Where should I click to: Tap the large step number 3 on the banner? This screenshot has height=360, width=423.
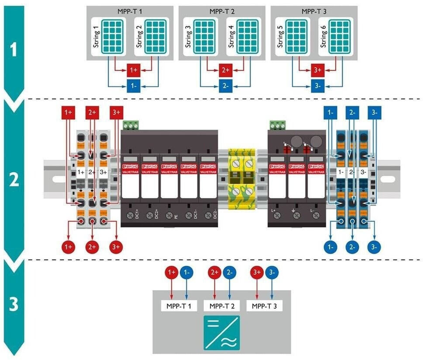(x=14, y=305)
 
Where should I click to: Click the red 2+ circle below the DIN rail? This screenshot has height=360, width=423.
(x=92, y=247)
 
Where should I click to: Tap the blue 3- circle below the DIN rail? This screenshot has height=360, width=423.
(x=374, y=247)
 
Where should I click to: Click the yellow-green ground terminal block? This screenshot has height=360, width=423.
(x=242, y=179)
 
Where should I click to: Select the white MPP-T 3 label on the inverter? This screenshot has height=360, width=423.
(x=265, y=306)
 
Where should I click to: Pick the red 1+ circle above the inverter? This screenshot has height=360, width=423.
(x=172, y=273)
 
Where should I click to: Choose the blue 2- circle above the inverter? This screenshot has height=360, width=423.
(x=228, y=273)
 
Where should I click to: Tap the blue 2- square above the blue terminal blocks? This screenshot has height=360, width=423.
(x=352, y=113)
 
